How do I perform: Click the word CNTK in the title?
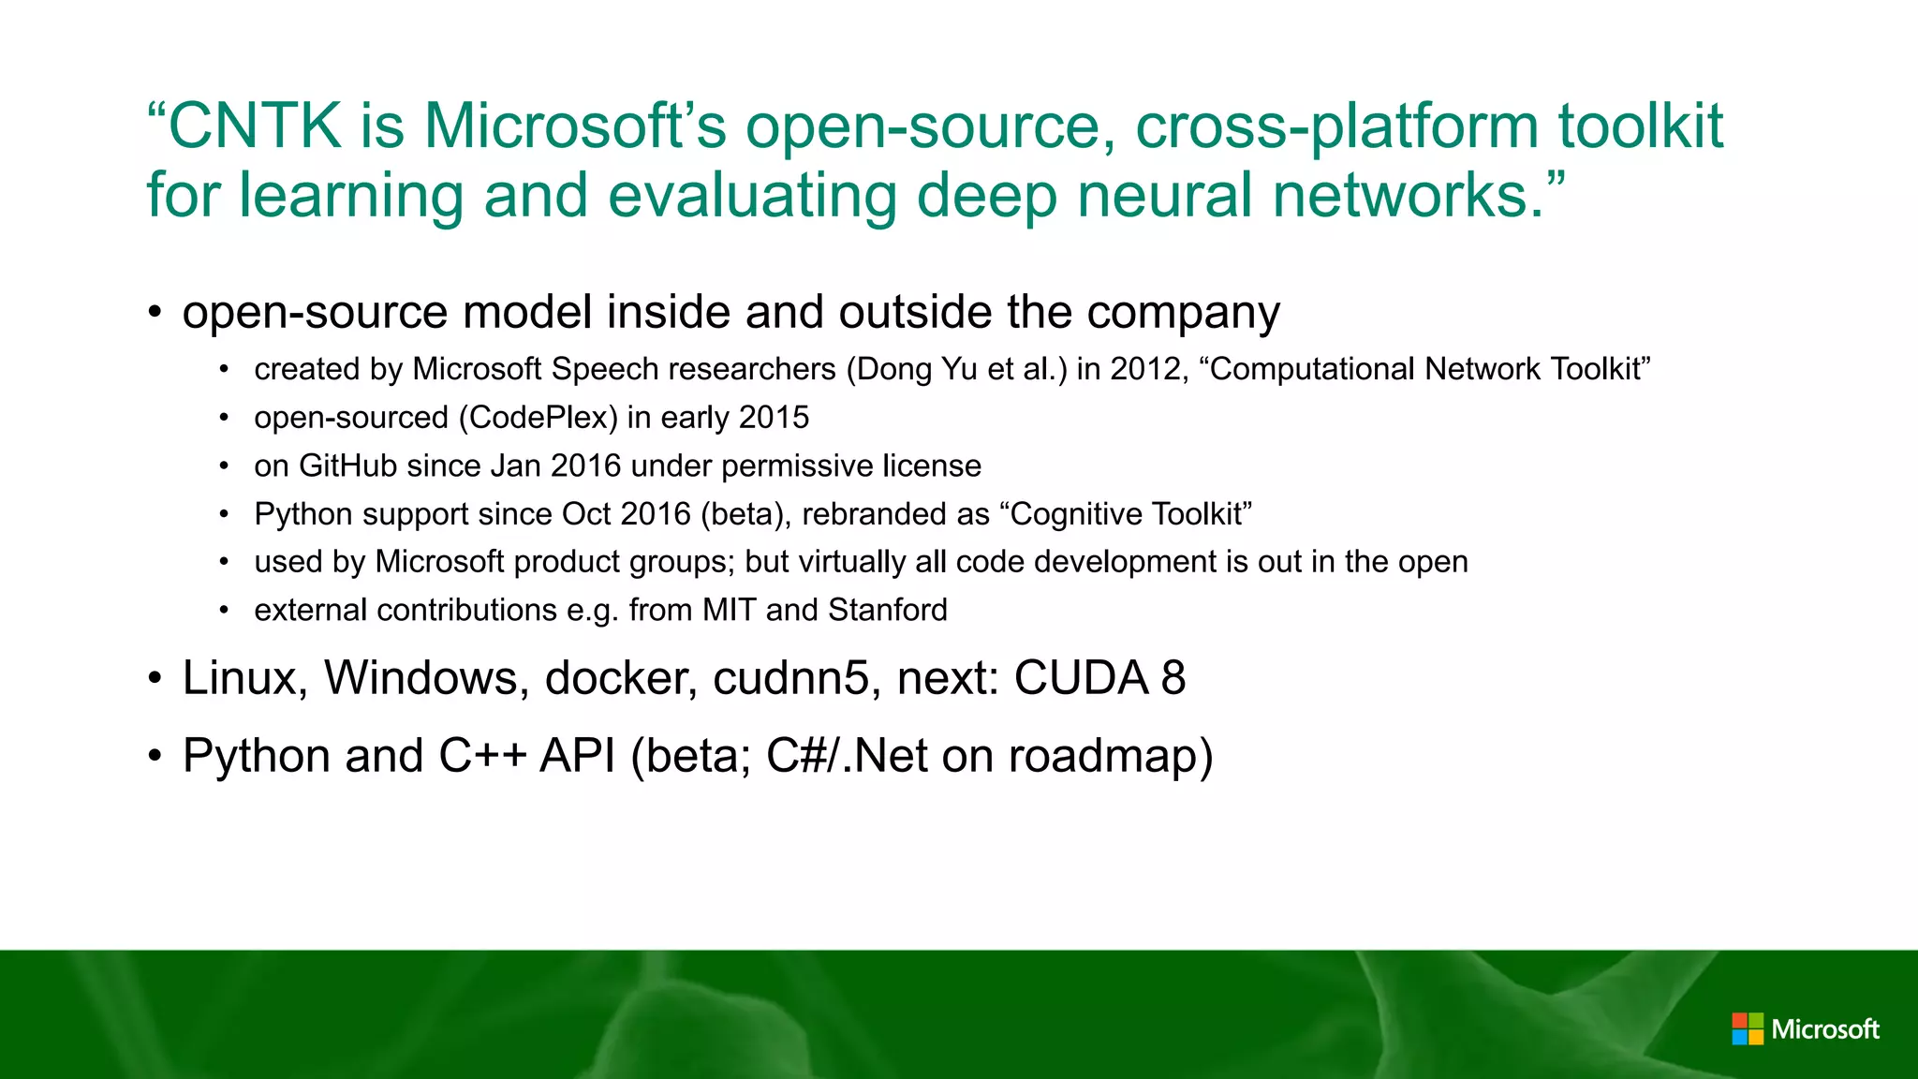[255, 126]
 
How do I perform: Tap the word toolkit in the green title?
[1640, 126]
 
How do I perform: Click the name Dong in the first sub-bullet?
[894, 369]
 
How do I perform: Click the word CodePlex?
[538, 418]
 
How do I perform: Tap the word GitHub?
[347, 466]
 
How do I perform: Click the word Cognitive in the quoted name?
[1075, 514]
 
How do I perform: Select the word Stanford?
[888, 610]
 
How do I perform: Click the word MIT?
[729, 610]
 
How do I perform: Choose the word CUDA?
[1081, 678]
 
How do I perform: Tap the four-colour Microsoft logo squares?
[1748, 1029]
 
